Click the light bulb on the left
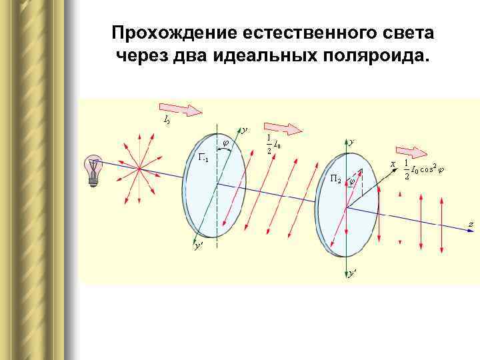coord(95,171)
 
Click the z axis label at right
coord(471,225)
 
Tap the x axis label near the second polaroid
coord(393,163)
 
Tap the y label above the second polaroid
coord(352,142)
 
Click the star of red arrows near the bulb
coord(137,168)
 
